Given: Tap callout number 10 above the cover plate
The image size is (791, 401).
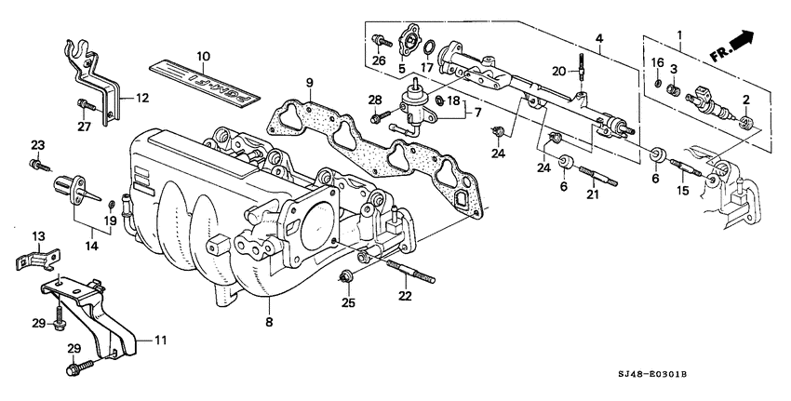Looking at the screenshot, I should (203, 57).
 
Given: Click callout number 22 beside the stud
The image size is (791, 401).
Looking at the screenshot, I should (404, 296).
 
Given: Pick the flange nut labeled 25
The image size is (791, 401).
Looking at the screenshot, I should (346, 275).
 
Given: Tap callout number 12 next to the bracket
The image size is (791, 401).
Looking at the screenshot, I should (141, 97).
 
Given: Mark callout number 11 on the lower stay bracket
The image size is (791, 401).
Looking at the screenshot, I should (159, 340).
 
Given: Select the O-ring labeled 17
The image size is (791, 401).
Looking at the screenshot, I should (428, 47).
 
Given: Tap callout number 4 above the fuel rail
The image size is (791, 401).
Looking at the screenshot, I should (600, 38).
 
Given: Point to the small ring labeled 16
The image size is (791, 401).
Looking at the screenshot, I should (659, 85).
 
